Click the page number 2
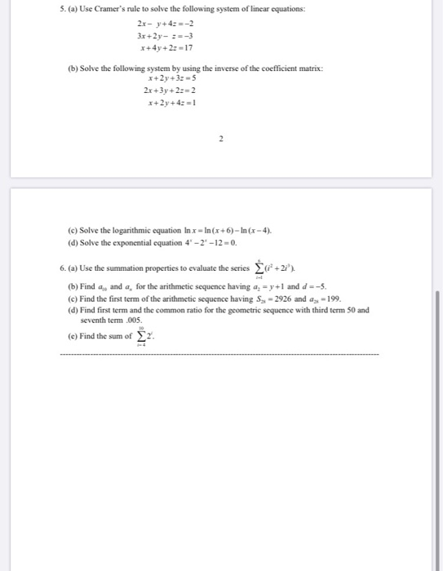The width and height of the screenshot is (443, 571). [x=221, y=139]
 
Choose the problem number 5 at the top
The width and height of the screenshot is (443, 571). [x=62, y=8]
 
